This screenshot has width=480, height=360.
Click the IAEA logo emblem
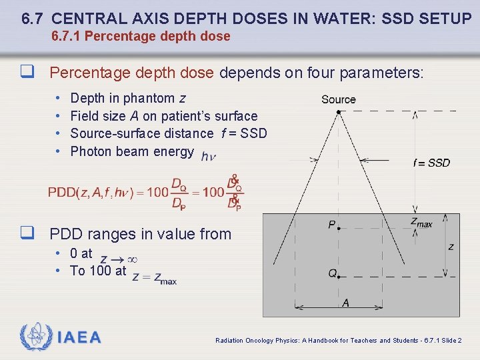(35, 337)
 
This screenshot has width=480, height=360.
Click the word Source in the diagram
(339, 99)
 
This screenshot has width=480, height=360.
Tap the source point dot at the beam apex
(339, 112)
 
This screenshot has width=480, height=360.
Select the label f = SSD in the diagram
(431, 163)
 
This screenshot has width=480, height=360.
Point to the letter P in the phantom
(331, 225)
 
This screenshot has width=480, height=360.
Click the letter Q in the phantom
(331, 273)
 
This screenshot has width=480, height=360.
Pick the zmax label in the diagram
(421, 222)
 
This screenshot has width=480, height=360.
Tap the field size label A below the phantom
(345, 303)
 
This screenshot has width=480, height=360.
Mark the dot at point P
(339, 228)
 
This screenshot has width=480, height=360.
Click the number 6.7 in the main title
(33, 18)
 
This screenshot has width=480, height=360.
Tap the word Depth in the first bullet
(87, 99)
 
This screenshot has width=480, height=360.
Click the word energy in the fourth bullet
(173, 151)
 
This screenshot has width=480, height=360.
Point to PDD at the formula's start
(61, 193)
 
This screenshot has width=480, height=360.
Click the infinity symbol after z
(132, 259)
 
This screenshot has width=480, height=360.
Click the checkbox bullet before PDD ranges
(27, 233)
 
